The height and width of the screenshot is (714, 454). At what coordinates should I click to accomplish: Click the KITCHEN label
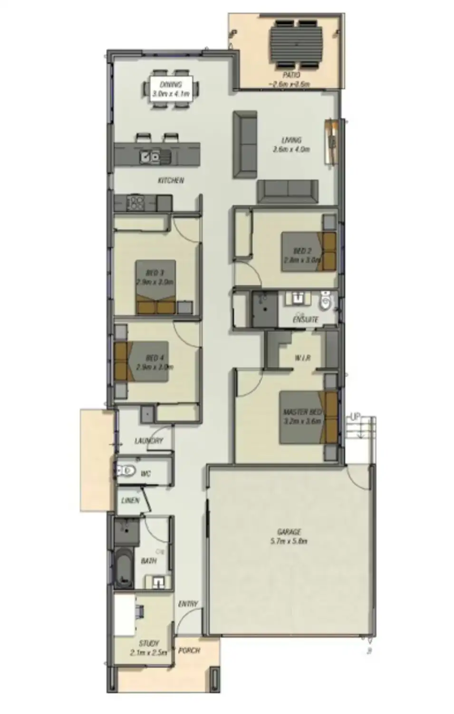[171, 180]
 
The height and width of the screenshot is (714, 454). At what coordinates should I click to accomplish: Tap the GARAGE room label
[289, 532]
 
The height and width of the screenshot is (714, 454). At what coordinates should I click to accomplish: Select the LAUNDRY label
[149, 441]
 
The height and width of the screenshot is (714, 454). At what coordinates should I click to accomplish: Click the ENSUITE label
[305, 319]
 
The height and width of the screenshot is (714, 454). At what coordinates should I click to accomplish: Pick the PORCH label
[189, 651]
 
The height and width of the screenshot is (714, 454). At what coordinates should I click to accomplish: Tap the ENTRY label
[188, 604]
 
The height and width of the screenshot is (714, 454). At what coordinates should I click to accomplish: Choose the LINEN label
[130, 500]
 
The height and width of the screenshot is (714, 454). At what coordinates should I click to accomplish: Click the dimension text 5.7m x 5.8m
[289, 541]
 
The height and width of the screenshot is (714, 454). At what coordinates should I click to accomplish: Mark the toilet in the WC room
[125, 472]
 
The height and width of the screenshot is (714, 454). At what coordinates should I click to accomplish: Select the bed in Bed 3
[156, 287]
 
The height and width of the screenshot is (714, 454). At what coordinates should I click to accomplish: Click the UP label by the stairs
[355, 417]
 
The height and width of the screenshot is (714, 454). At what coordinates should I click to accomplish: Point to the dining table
[171, 89]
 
